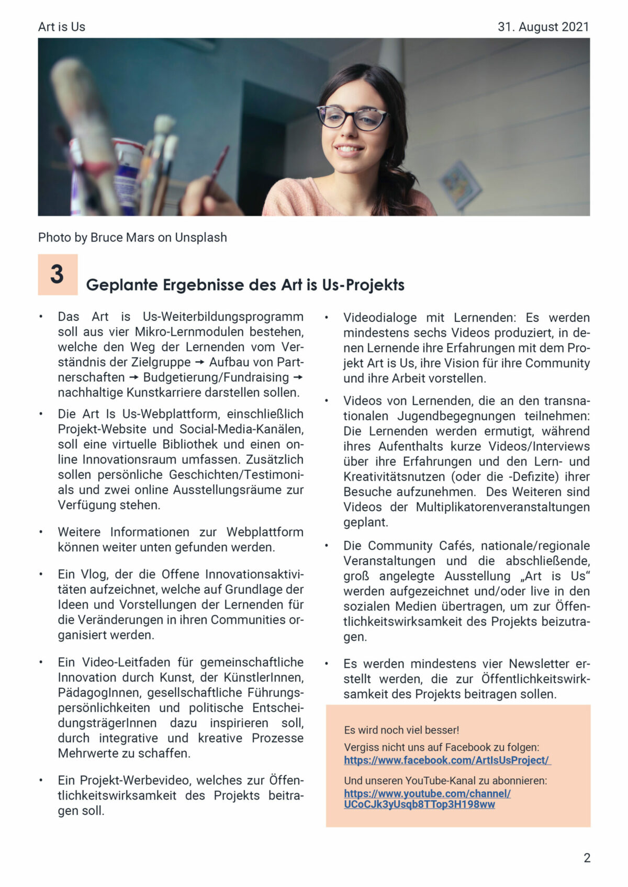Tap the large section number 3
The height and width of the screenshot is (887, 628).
pos(57,274)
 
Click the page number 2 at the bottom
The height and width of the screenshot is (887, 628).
pos(587,858)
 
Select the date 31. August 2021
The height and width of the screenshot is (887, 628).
pos(543,27)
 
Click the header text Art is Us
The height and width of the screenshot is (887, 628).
pos(61,27)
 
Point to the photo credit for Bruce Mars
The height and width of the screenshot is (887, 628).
pos(132,237)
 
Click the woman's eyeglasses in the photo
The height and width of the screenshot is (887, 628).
pos(353,117)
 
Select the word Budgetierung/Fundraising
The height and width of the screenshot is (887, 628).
pos(216,377)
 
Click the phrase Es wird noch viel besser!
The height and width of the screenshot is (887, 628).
pos(401,730)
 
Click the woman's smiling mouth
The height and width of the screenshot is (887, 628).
pos(349,149)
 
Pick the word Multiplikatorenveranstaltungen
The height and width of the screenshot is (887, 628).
pos(502,507)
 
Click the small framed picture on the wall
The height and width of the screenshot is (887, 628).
pos(459,184)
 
